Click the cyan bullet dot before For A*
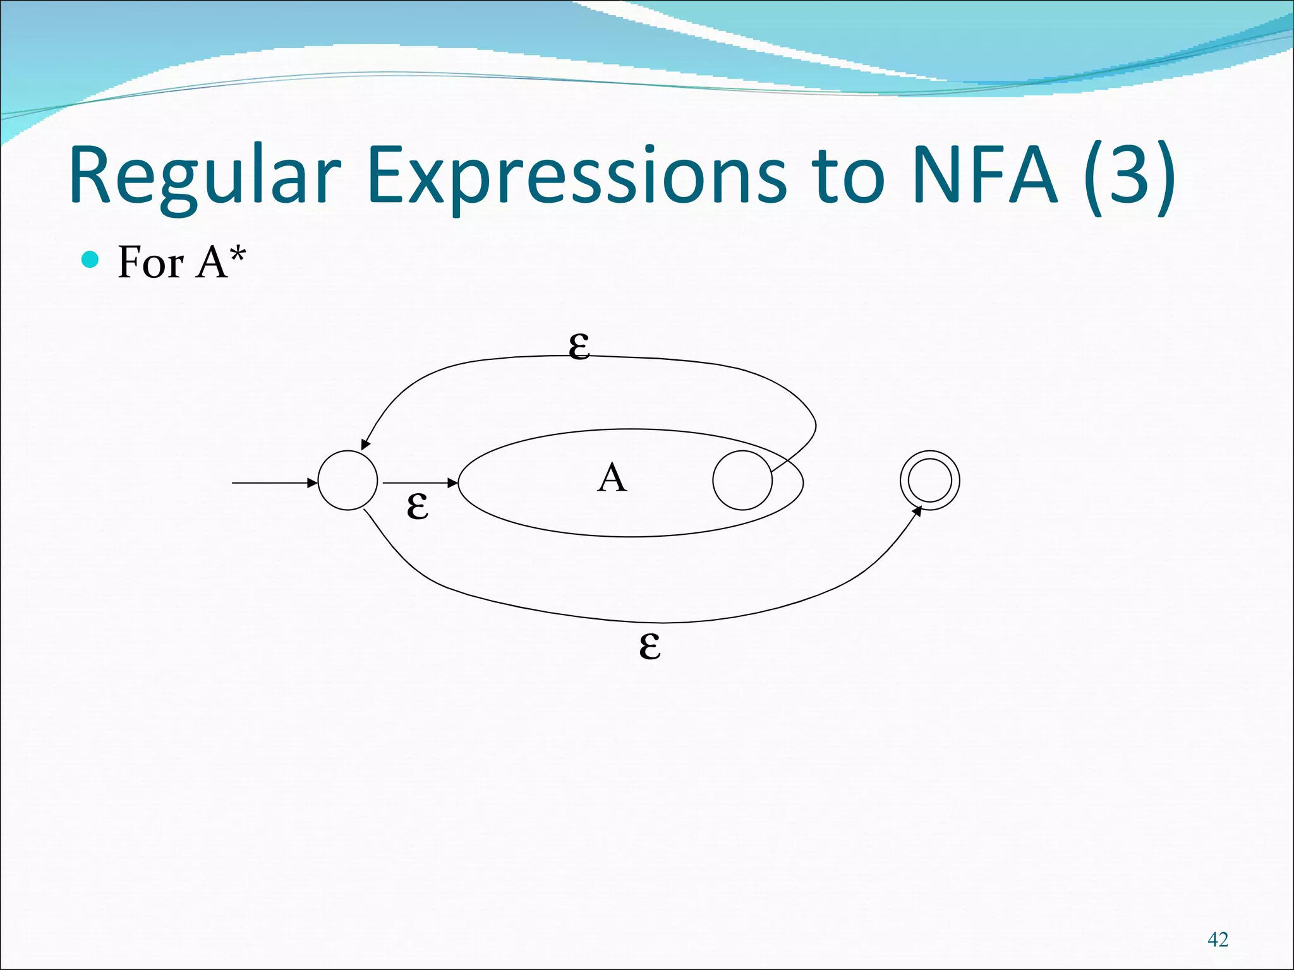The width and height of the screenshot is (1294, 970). coord(91,260)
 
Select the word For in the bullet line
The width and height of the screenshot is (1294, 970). coord(151,263)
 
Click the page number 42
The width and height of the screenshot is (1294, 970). coord(1218,939)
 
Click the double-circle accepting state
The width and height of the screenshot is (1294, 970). coord(929,480)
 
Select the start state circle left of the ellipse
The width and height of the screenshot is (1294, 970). coord(348,480)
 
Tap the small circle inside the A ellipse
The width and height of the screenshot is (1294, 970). coord(742,480)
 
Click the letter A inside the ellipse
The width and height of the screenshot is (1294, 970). coord(612,478)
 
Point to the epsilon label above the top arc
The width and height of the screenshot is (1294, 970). coord(579,347)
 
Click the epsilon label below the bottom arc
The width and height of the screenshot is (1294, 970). coord(650,647)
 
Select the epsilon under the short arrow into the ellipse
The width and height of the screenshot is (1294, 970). coord(417,506)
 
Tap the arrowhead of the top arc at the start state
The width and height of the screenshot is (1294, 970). coord(365,445)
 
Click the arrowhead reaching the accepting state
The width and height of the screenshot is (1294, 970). coord(918,510)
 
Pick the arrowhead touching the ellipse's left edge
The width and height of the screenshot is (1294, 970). coord(452,482)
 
